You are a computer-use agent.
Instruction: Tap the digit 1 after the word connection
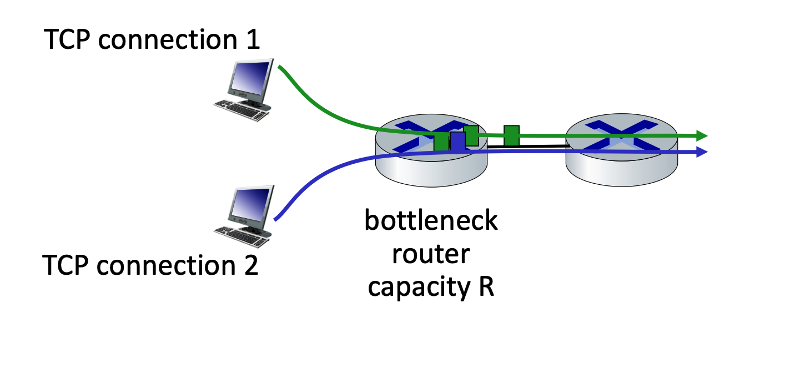[x=253, y=40]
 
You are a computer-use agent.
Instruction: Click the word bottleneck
[x=431, y=221]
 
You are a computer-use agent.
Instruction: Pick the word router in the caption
[x=431, y=255]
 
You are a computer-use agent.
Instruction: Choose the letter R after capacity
[x=486, y=288]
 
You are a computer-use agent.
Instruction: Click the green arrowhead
[x=702, y=135]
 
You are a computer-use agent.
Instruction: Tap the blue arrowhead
[x=702, y=152]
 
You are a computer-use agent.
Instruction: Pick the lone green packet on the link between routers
[x=511, y=135]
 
